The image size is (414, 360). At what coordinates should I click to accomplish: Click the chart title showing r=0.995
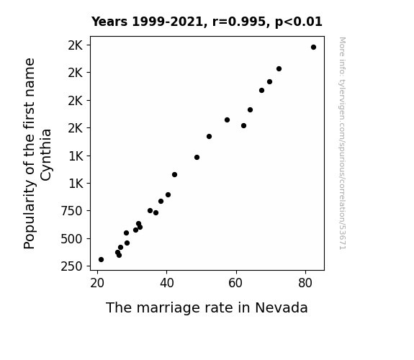(207, 22)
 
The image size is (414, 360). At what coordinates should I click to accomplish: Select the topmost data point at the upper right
(313, 48)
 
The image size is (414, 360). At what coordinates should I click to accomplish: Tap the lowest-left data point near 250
(101, 260)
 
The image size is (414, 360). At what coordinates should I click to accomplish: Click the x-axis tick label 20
(97, 283)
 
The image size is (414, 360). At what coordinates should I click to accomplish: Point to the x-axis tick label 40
(166, 283)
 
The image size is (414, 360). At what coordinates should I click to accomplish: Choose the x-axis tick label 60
(236, 283)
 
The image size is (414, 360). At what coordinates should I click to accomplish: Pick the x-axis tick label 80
(305, 283)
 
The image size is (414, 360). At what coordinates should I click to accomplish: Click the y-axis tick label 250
(71, 266)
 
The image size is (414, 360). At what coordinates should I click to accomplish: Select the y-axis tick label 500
(71, 239)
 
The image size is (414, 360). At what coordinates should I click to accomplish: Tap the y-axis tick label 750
(71, 211)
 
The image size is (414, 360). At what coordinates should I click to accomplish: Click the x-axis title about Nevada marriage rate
(207, 307)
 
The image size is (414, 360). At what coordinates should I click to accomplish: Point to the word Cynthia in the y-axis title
(46, 155)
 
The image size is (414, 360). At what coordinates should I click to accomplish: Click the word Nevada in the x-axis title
(282, 307)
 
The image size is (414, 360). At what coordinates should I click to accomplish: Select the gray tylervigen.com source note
(342, 143)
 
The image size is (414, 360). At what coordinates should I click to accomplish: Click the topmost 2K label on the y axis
(76, 45)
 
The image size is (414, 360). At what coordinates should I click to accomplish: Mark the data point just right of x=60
(243, 126)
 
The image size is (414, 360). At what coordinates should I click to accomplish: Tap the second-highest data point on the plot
(279, 69)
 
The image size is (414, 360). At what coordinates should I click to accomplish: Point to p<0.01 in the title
(299, 22)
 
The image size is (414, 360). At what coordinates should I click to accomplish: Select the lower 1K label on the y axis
(76, 184)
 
